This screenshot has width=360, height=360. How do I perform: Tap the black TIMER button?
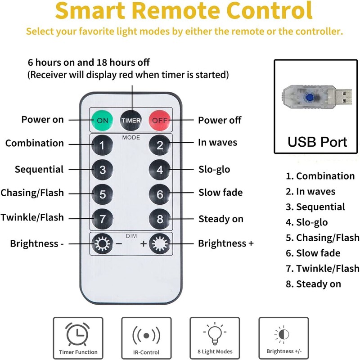coord(131,120)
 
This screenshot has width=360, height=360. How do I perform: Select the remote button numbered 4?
coord(160,170)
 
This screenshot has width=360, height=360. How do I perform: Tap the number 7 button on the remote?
coord(103,219)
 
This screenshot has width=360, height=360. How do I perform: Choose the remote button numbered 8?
coord(160,219)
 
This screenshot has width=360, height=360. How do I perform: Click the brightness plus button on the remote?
coord(160,244)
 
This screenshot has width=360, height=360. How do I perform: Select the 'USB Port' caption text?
coord(317,142)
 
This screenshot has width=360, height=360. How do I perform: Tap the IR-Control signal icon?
coord(146,335)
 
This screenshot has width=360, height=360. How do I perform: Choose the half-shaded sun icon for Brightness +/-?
coord(282,334)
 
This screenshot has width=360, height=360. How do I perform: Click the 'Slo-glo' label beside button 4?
coord(214,170)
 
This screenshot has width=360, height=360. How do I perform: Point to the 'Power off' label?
coord(220,120)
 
